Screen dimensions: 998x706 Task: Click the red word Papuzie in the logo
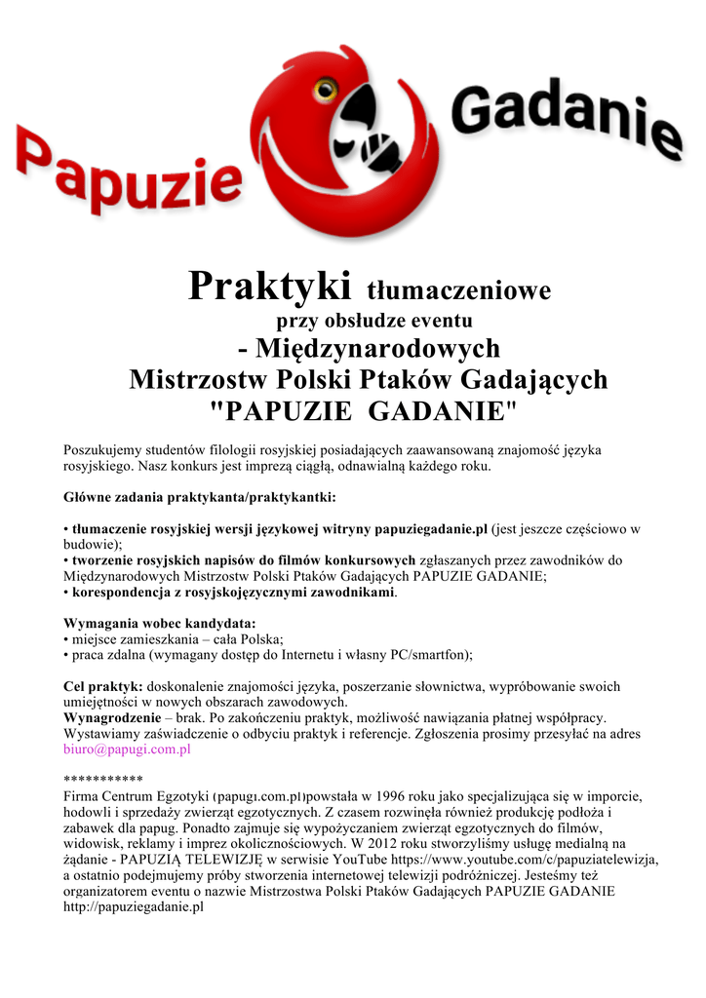tap(127, 175)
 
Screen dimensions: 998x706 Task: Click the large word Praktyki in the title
tap(269, 287)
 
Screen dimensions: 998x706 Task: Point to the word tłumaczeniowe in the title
tap(458, 290)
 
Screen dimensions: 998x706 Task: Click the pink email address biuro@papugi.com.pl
tap(127, 749)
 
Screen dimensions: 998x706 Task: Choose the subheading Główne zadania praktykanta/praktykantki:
tap(199, 497)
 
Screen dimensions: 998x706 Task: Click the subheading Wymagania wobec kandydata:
tap(160, 623)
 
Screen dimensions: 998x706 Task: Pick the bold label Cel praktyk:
tap(103, 686)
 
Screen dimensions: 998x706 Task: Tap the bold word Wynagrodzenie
tap(112, 718)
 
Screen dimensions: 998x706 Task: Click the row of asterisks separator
tap(102, 780)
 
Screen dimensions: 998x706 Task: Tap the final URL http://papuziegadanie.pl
tap(133, 906)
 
